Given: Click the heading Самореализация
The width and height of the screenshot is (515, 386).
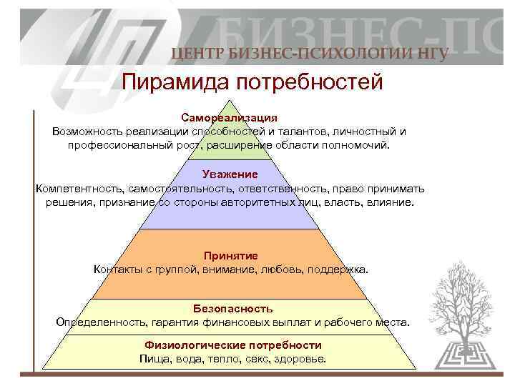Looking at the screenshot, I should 229,117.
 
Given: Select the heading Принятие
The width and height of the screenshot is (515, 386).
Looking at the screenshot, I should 230,255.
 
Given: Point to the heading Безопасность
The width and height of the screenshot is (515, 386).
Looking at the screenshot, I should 232,308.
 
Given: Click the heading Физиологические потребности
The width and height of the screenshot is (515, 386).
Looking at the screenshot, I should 232,345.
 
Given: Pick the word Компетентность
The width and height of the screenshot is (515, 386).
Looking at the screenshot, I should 79,188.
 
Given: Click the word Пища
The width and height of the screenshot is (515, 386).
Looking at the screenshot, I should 154,358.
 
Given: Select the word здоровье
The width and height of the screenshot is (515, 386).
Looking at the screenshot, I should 301,358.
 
